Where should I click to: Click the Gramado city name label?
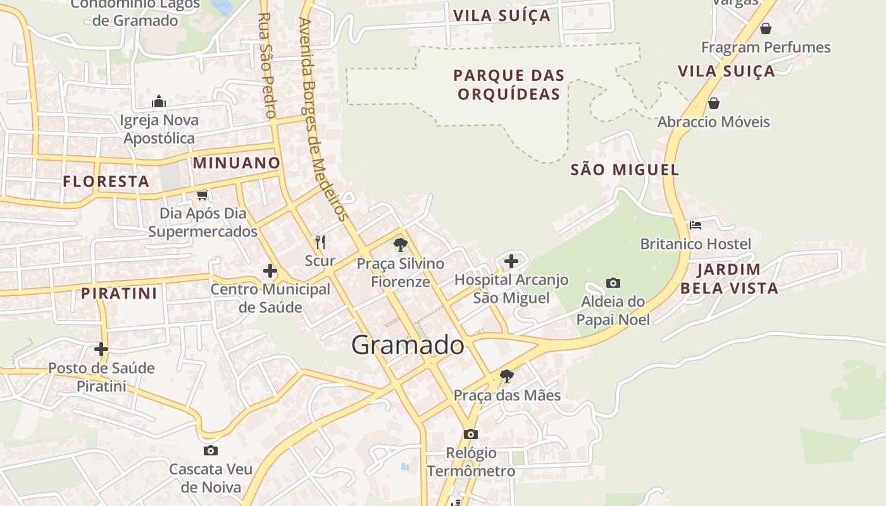408,345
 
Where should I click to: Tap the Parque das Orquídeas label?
509,85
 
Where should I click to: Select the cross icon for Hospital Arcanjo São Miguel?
511,261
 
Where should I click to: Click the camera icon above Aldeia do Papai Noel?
613,283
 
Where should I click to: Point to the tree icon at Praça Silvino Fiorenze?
400,244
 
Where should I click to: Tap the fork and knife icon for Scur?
320,242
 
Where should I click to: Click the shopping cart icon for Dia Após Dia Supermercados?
203,195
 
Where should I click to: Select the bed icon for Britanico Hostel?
696,225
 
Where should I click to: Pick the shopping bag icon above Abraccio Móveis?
714,102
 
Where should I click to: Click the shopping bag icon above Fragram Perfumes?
766,28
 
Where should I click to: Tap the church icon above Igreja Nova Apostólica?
159,101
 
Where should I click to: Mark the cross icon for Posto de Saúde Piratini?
101,349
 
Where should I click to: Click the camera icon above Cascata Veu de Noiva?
211,450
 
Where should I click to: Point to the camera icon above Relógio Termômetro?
470,434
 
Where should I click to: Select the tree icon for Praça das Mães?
506,376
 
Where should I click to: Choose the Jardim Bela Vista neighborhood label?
728,279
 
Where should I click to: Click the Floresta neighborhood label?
106,182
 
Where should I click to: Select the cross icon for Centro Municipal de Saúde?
270,271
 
